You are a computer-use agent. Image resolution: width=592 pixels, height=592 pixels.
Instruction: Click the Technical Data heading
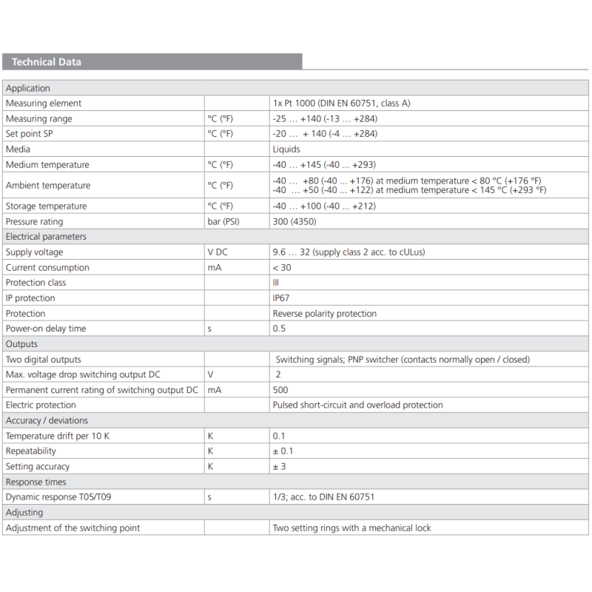pos(47,62)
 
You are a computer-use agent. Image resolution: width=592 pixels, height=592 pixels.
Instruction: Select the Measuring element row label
pos(44,104)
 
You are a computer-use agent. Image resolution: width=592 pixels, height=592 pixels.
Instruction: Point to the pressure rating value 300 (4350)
pos(292,222)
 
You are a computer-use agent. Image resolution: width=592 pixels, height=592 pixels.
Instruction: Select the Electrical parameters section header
pos(46,237)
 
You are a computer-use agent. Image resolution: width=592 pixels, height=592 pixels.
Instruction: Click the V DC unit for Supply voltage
pos(218,252)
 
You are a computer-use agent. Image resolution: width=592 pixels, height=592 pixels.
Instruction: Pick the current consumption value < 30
pos(282,268)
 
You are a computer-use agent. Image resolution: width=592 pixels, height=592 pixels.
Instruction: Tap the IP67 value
pos(281,298)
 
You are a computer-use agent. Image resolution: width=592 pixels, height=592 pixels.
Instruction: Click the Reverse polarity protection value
pos(324,314)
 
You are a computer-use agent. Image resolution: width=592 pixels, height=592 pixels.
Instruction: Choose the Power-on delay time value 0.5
pos(279,329)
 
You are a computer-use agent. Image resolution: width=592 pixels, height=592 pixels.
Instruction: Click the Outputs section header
pos(21,344)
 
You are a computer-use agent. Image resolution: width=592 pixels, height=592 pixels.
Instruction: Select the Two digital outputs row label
pos(44,360)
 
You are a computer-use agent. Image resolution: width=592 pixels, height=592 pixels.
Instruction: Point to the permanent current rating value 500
pos(280,390)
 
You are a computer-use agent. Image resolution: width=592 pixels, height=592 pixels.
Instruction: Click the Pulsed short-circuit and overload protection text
pos(357,406)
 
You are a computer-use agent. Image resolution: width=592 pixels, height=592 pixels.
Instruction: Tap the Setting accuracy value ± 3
pos(280,467)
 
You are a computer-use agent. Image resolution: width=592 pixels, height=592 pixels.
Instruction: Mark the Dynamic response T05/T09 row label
pos(58,497)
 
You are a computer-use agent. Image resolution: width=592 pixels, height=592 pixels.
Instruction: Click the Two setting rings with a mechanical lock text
pos(351,528)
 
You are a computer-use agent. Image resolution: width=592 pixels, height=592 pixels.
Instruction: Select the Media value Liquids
pos(286,149)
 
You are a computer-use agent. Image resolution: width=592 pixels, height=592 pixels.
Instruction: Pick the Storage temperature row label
pos(46,206)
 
